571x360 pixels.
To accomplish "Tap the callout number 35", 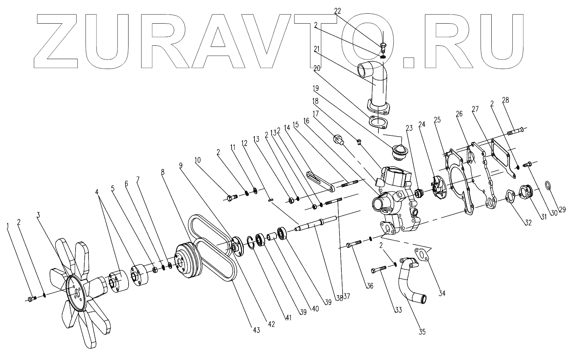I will coord(421,332).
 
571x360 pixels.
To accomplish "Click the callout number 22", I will coord(338,11).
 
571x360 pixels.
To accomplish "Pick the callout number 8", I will coord(163,172).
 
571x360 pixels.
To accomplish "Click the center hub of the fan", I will coord(77,292).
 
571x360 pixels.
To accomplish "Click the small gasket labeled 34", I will coord(422,254).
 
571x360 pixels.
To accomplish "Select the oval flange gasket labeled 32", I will coord(511,196).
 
